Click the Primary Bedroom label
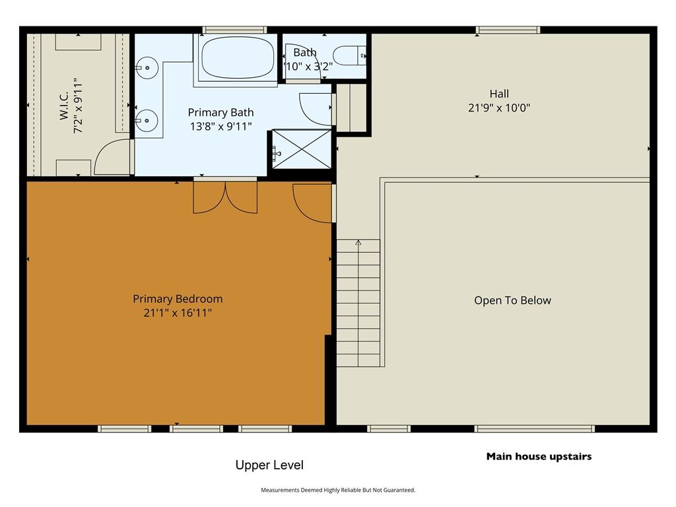pyautogui.click(x=178, y=299)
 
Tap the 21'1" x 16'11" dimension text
pyautogui.click(x=178, y=312)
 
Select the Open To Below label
pyautogui.click(x=512, y=300)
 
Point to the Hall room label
pyautogui.click(x=499, y=94)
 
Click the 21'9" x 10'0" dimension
pyautogui.click(x=499, y=108)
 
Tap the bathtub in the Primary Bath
pyautogui.click(x=238, y=58)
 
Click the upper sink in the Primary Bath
pyautogui.click(x=147, y=68)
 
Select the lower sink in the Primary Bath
pyautogui.click(x=147, y=120)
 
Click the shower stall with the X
pyautogui.click(x=302, y=149)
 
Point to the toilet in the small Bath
pyautogui.click(x=350, y=55)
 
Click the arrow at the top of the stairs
pyautogui.click(x=358, y=243)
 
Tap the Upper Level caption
pyautogui.click(x=269, y=465)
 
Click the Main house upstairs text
pyautogui.click(x=539, y=457)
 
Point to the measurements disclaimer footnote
pyautogui.click(x=338, y=490)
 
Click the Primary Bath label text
pyautogui.click(x=220, y=112)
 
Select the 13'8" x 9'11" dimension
pyautogui.click(x=220, y=126)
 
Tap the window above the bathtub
pyautogui.click(x=235, y=30)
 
